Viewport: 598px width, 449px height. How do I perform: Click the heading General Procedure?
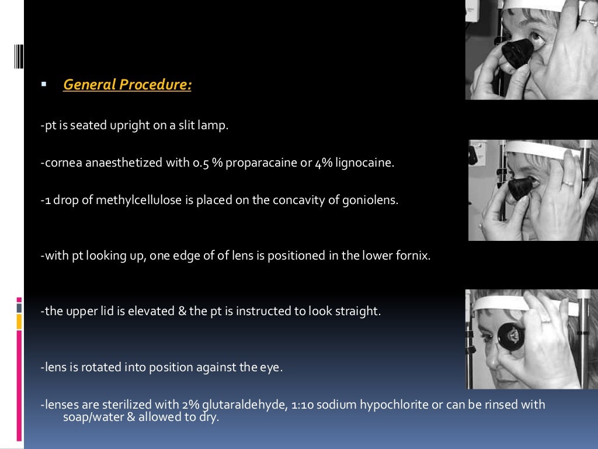coord(127,85)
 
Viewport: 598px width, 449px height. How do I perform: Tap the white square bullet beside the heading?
coord(44,84)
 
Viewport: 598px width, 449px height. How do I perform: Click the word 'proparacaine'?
coord(262,163)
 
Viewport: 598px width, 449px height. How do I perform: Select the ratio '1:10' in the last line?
coord(301,405)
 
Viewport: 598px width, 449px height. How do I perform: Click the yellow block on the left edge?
coord(19,321)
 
